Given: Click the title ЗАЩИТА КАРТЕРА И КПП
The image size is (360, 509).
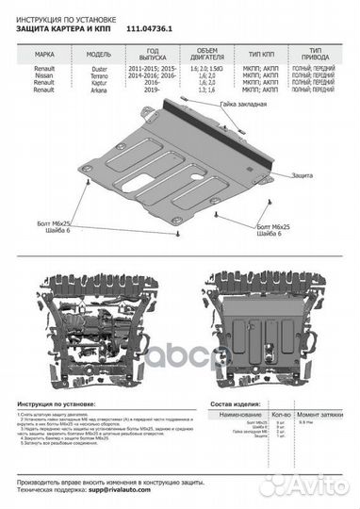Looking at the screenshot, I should click(67, 29).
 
